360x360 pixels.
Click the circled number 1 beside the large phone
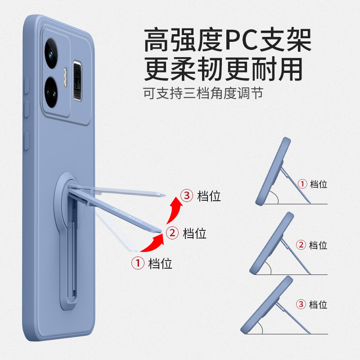(137, 263)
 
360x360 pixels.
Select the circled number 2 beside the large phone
(172, 233)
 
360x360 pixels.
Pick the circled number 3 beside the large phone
(186, 196)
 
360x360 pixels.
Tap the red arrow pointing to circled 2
(151, 243)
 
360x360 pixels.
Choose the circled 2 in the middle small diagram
(301, 245)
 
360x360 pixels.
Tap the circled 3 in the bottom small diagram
(301, 304)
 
